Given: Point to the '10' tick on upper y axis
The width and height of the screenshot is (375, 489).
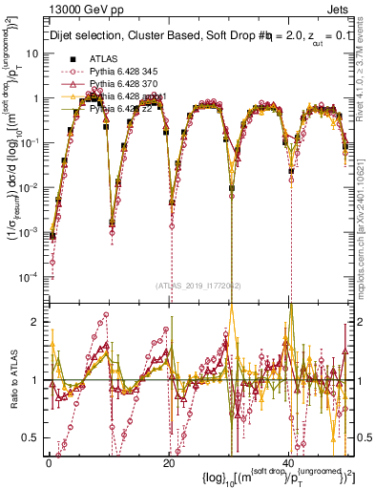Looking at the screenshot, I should coord(33,53).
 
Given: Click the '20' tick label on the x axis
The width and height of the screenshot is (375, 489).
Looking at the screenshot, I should coord(169,462).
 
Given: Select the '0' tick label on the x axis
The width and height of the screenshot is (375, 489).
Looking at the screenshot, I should coord(49,462).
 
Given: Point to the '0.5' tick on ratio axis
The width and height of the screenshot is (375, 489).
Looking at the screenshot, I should coord(31,437).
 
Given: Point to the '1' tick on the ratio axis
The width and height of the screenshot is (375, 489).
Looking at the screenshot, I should coord(36,380).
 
